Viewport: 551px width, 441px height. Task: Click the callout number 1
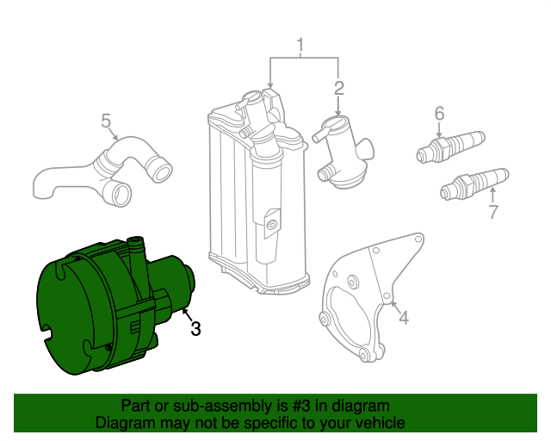click(x=301, y=46)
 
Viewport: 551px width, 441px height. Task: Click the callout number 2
click(x=338, y=88)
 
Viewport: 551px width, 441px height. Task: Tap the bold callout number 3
click(x=195, y=327)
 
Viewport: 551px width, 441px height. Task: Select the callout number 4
click(x=403, y=318)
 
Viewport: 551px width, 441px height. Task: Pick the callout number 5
click(x=106, y=120)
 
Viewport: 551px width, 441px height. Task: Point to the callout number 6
click(x=438, y=114)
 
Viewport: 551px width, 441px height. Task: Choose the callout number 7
click(x=492, y=212)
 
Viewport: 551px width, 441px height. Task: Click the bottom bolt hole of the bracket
click(x=367, y=355)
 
